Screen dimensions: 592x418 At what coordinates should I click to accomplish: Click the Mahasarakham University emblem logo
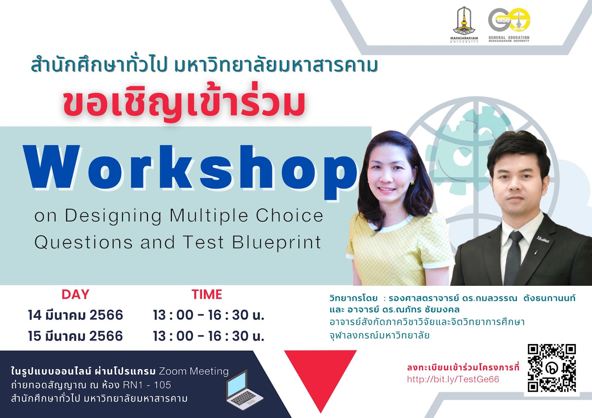(464, 24)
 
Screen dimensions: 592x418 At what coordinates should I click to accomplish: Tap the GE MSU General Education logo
(509, 25)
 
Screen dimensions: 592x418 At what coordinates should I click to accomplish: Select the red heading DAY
(75, 295)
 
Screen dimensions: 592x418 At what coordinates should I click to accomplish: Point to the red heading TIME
(207, 295)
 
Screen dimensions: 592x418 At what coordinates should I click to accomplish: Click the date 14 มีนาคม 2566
(75, 315)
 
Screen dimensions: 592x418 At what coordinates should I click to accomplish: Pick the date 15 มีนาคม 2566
(75, 336)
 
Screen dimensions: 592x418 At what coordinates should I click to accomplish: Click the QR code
(552, 368)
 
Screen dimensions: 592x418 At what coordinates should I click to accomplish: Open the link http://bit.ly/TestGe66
(453, 380)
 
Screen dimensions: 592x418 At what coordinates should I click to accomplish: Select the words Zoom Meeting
(194, 371)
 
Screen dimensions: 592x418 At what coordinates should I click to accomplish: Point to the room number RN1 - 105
(147, 385)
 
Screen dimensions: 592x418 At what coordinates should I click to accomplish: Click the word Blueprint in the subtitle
(277, 243)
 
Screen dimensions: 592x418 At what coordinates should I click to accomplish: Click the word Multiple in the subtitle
(209, 216)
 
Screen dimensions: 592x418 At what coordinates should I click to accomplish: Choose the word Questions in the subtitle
(84, 242)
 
